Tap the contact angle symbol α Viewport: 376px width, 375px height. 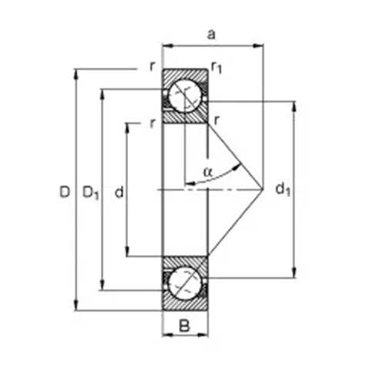point(207,171)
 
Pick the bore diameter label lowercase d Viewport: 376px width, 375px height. point(119,192)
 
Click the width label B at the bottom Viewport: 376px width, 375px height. point(184,326)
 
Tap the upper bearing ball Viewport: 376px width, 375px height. point(185,95)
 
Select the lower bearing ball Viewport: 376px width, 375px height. point(185,283)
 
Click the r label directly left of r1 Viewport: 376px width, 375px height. point(153,66)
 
